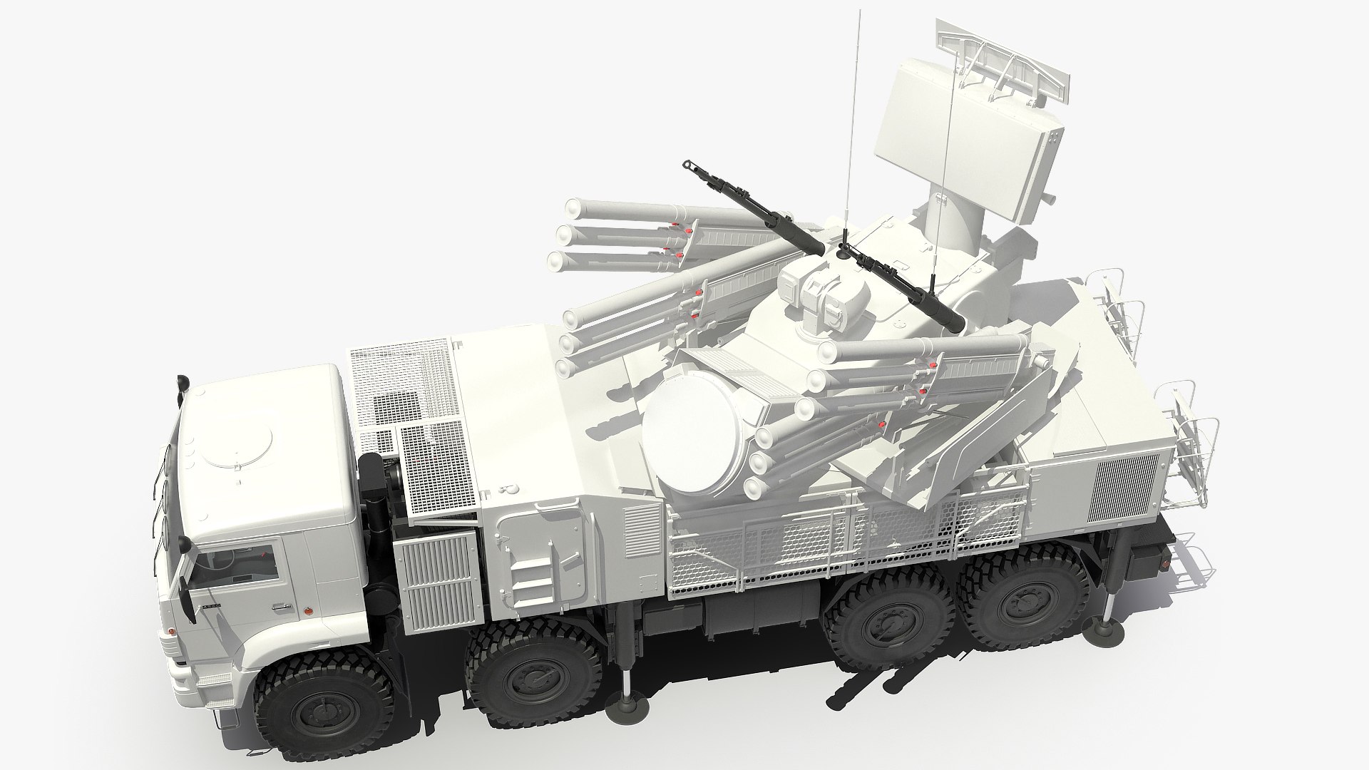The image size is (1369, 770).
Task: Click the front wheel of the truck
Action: coord(314,688)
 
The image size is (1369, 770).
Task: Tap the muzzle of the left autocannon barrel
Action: coord(690,165)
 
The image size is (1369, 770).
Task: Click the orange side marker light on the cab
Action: coord(308,610)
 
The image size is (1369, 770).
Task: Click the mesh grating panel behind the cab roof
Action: coord(399,385)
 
